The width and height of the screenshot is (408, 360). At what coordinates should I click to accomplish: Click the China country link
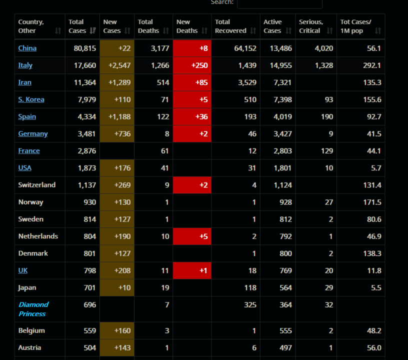(x=27, y=48)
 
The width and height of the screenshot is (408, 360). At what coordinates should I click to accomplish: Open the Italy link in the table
(x=25, y=65)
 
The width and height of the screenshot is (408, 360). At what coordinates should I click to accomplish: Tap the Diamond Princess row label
(x=33, y=309)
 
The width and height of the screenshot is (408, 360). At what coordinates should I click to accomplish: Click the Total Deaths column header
(x=148, y=26)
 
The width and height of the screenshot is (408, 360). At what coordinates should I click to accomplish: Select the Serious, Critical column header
(x=311, y=26)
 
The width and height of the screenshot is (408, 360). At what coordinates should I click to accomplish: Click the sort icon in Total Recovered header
(x=253, y=31)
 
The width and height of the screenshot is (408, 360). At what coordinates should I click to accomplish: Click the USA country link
(x=24, y=167)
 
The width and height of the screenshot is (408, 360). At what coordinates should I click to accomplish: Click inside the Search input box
(x=279, y=3)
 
